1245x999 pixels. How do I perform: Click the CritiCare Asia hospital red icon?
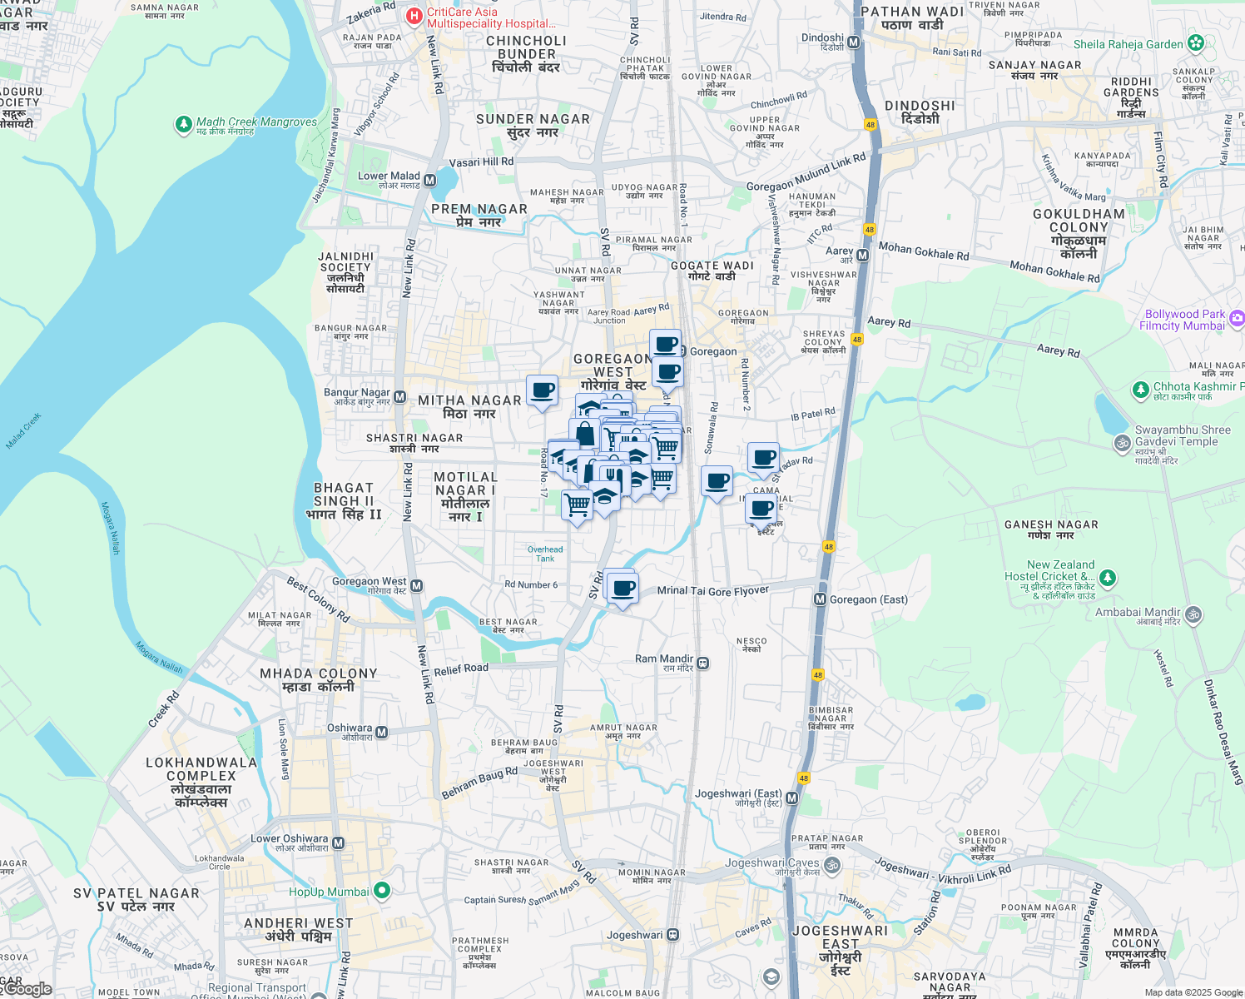point(414,17)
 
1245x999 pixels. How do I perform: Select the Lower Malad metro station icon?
point(429,180)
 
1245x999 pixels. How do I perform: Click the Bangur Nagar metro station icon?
point(399,397)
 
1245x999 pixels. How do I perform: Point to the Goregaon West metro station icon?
point(417,586)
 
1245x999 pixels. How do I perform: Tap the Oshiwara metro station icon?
point(381,733)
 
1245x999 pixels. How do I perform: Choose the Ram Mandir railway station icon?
point(703,664)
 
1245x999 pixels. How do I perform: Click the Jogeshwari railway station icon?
point(673,935)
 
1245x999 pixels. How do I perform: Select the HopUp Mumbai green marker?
point(382,891)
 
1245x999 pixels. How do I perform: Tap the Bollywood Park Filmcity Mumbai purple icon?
point(1237,318)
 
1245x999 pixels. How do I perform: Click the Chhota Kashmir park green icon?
point(1140,390)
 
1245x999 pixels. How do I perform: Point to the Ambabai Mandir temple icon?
point(1193,615)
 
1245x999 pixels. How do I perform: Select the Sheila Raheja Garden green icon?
point(1196,42)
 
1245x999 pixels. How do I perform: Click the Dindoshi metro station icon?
point(853,42)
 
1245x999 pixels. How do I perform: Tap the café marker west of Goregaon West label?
point(543,390)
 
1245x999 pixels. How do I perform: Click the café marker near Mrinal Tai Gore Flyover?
point(622,589)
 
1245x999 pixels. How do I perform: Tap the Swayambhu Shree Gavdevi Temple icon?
point(1123,444)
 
